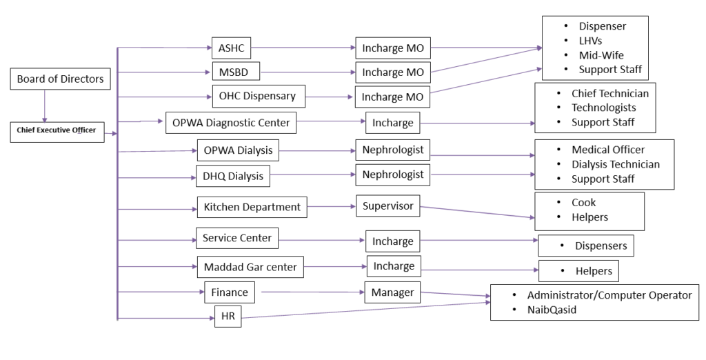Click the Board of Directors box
[x=61, y=79]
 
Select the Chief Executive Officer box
[x=57, y=130]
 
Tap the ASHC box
[x=230, y=48]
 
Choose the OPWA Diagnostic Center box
[x=231, y=123]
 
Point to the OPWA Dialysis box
[x=238, y=150]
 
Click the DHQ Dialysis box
[x=232, y=176]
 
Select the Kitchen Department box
[x=252, y=206]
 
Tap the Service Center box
[x=237, y=239]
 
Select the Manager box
[x=392, y=292]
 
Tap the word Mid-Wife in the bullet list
[x=602, y=55]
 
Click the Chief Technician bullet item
[x=610, y=93]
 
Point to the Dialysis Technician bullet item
[x=616, y=164]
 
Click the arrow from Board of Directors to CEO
[x=44, y=105]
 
